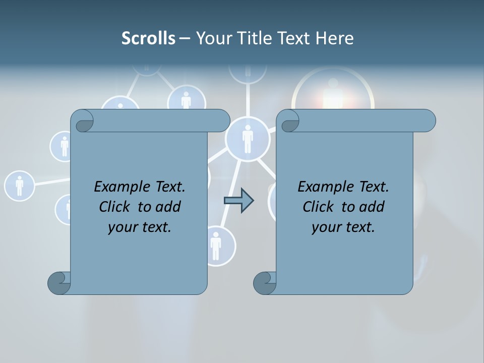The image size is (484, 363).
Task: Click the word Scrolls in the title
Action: (x=148, y=38)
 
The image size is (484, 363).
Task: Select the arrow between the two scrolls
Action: (x=238, y=201)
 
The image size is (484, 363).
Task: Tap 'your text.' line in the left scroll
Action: (x=140, y=227)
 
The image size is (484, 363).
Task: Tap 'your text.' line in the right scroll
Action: (x=343, y=227)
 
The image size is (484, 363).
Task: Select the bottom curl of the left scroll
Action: (x=59, y=283)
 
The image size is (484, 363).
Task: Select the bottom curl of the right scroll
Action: (x=265, y=283)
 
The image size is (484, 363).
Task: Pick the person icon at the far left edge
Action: (x=19, y=186)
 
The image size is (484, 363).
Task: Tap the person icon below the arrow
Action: (x=216, y=246)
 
